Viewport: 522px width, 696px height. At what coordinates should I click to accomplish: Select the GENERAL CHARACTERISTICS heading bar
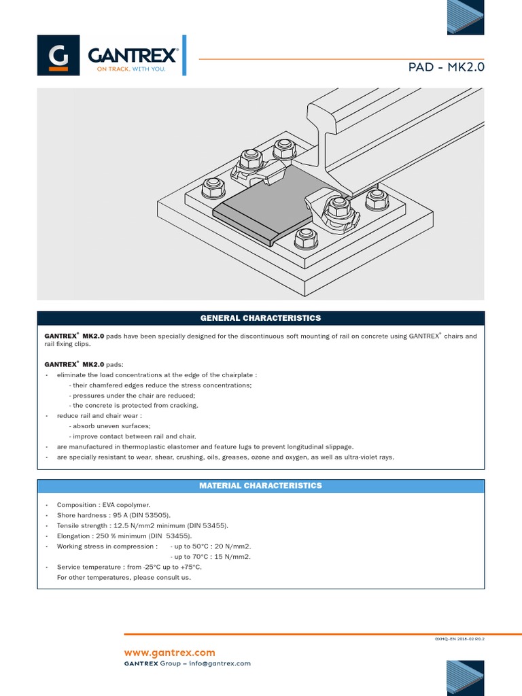260,318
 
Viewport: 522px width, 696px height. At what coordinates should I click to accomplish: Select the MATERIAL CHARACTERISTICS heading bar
260,486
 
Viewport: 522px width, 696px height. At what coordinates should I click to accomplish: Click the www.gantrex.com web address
169,652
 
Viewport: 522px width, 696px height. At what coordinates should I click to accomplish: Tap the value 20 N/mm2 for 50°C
231,546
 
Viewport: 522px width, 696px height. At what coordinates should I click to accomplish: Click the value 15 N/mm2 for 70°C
231,557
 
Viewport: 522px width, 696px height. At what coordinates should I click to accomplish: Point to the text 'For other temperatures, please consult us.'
124,578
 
